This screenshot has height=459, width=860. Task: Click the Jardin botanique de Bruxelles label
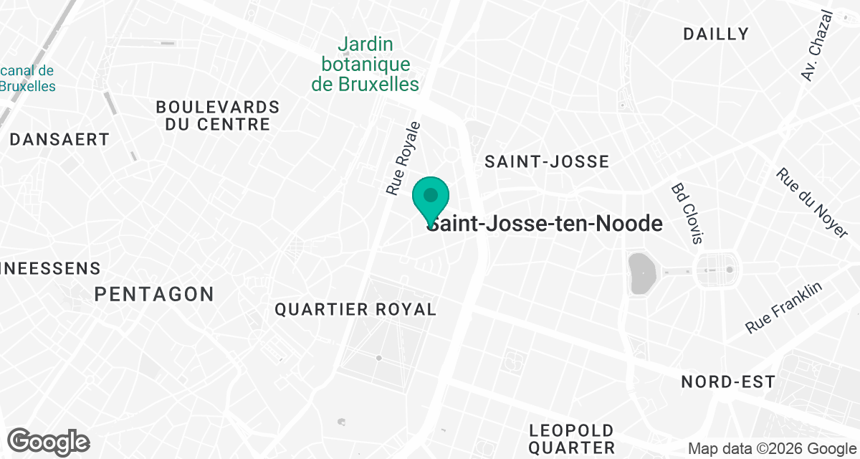[365, 65]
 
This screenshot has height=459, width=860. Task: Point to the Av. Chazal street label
[818, 46]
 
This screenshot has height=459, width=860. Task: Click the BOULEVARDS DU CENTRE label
[218, 115]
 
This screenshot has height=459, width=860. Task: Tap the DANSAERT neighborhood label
[59, 140]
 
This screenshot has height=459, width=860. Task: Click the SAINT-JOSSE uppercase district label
[547, 161]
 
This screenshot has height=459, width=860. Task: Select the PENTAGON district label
[154, 294]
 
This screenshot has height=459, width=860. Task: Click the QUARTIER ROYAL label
[355, 310]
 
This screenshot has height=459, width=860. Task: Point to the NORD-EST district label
[728, 382]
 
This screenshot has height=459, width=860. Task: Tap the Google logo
[48, 441]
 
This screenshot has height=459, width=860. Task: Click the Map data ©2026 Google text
[772, 449]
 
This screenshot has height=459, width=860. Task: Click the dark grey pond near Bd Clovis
[640, 273]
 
